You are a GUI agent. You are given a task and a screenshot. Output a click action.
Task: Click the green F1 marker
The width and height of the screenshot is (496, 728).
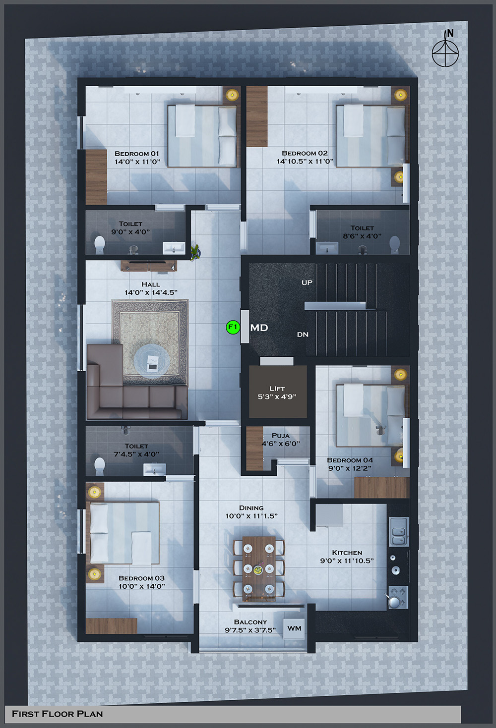233,327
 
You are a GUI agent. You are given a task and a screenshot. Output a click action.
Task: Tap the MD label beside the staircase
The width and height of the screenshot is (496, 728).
259,328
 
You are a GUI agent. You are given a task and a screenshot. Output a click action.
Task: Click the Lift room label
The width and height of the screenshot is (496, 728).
277,389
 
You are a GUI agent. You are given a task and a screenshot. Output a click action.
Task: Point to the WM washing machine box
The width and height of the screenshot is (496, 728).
294,628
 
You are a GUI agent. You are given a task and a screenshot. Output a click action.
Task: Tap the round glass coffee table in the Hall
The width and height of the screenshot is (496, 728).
152,361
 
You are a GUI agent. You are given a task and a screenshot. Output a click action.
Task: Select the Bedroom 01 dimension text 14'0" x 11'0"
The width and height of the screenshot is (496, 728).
137,162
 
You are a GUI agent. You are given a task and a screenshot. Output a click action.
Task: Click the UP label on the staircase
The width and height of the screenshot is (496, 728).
307,282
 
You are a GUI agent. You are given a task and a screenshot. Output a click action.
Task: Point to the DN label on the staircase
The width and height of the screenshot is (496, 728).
303,335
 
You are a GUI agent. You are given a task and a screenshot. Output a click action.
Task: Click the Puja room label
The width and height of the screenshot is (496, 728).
281,436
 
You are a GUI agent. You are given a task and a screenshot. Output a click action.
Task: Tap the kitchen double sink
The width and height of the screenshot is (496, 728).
399,532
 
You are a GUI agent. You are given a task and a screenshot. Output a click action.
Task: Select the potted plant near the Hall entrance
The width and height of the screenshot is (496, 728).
195,252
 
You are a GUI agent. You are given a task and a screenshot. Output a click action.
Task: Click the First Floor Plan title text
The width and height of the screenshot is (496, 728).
57,714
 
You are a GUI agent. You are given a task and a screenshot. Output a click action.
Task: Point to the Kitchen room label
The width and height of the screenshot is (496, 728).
347,553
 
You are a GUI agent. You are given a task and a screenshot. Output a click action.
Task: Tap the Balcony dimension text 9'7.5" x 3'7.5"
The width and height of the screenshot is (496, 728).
250,630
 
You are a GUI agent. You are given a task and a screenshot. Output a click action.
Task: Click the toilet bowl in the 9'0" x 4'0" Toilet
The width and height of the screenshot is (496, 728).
100,244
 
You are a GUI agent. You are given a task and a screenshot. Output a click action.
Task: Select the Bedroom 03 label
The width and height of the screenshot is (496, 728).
141,578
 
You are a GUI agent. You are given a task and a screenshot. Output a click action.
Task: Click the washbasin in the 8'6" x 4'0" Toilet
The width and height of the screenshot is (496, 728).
327,248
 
